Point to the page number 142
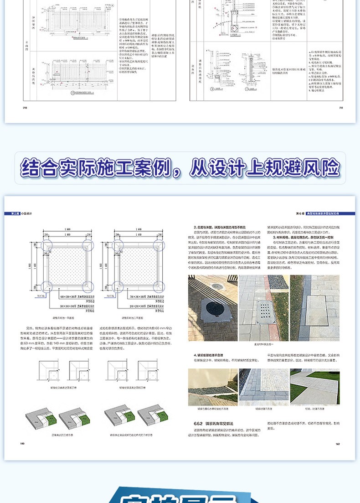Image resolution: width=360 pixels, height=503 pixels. (x=338, y=443)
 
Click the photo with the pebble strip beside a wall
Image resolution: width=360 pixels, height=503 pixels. (x=213, y=387)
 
